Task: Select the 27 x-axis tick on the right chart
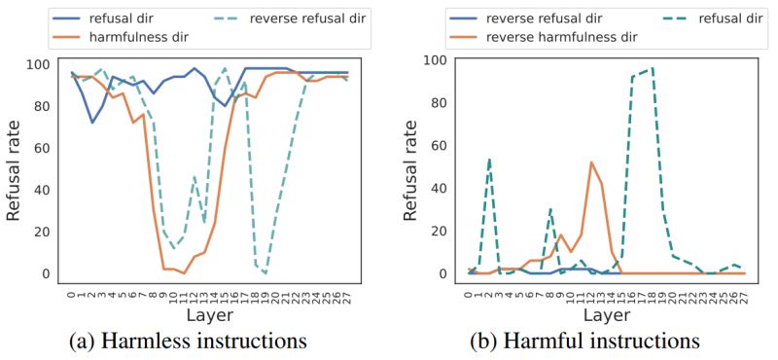coord(744,294)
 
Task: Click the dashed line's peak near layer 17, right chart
coord(652,68)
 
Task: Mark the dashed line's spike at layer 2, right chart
coord(488,159)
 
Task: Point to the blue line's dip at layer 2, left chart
coord(92,123)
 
